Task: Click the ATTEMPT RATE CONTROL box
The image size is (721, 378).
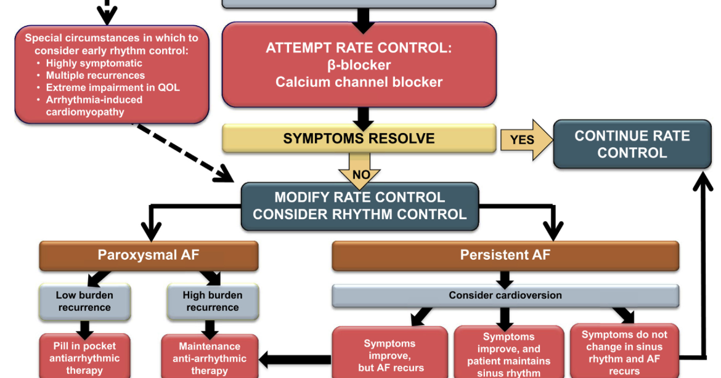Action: click(x=359, y=65)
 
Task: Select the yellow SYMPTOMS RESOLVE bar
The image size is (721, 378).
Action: click(x=359, y=139)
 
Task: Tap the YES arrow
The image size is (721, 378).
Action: click(x=524, y=140)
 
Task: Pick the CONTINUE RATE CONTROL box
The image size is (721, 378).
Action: click(x=632, y=144)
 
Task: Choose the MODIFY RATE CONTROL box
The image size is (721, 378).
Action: click(x=359, y=206)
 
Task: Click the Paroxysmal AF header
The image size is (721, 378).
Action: click(x=149, y=255)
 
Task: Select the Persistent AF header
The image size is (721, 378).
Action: click(x=505, y=255)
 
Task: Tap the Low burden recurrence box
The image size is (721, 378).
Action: click(x=84, y=301)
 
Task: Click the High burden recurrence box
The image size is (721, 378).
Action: click(x=213, y=301)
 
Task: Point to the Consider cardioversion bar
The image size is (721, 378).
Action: click(x=505, y=296)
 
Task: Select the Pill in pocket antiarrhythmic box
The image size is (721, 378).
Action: click(x=84, y=358)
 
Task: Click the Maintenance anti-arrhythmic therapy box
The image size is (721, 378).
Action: click(x=209, y=358)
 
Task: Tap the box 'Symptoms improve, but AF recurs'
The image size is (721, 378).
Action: click(x=390, y=355)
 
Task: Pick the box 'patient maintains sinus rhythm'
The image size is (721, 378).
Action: click(x=508, y=355)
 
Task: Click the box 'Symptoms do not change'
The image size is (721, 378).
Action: click(x=624, y=352)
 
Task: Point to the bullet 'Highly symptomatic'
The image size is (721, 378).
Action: click(x=94, y=63)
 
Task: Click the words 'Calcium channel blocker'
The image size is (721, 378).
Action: click(x=359, y=82)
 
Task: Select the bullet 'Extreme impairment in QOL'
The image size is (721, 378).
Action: click(x=113, y=87)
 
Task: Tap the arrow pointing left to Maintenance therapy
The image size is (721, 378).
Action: click(x=295, y=358)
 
